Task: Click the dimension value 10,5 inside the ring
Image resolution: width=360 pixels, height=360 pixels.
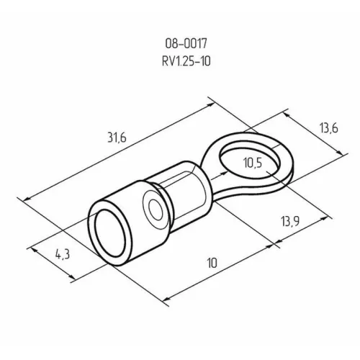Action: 253,165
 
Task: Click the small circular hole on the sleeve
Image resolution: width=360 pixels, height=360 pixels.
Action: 153,210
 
